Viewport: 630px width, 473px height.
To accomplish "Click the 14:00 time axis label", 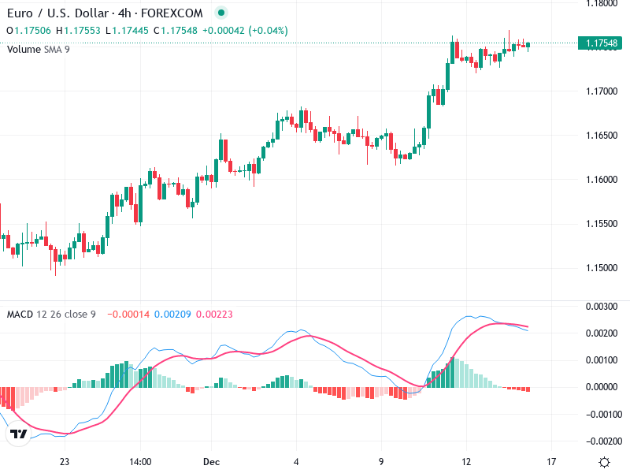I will tap(140, 461).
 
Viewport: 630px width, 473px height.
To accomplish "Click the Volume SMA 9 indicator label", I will tap(39, 49).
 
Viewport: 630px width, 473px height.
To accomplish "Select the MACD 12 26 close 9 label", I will tap(51, 315).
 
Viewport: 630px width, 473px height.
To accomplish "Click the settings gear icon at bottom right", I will tap(604, 461).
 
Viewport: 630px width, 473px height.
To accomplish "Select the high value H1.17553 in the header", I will tap(81, 30).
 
